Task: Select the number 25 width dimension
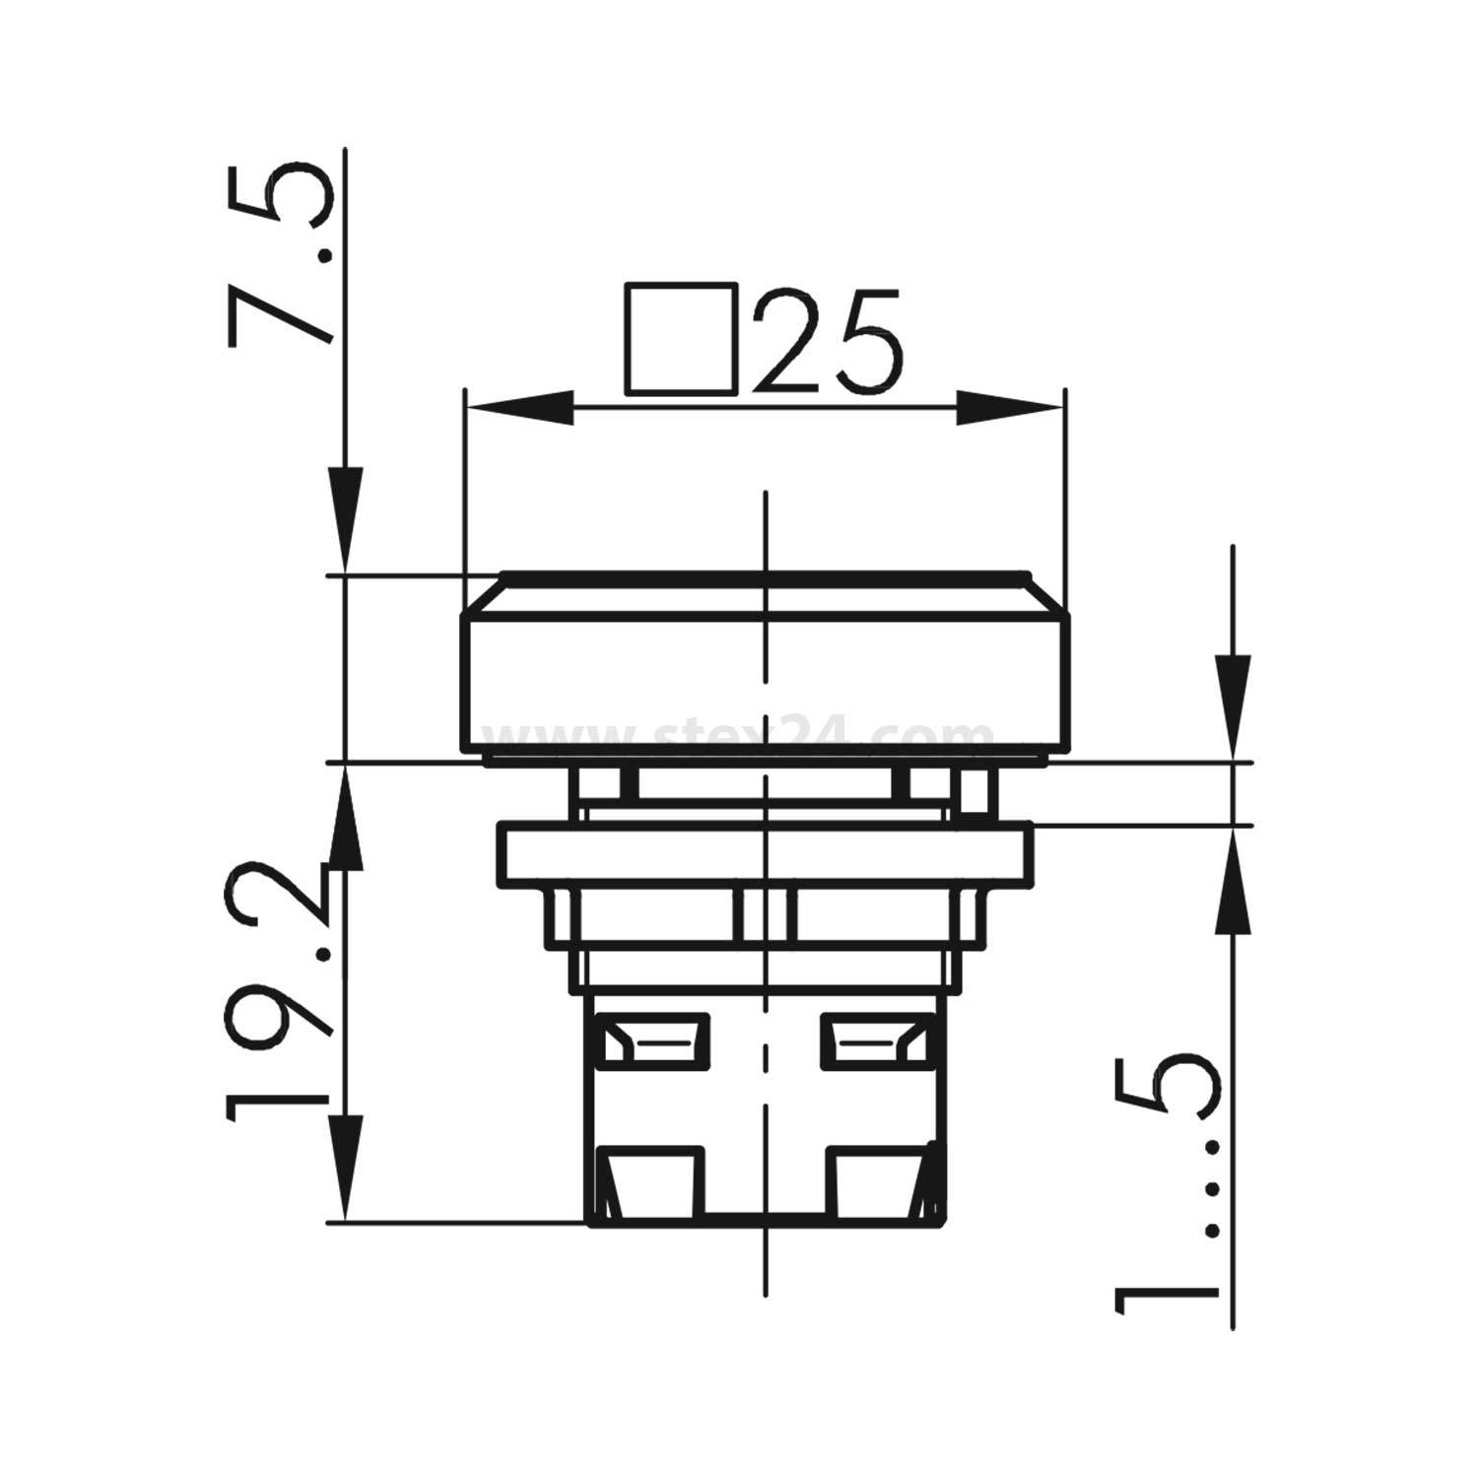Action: point(828,340)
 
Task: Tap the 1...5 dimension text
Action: point(1168,1187)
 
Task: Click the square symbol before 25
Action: point(681,340)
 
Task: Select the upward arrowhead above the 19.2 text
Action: point(345,818)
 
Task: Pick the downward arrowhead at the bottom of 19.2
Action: point(345,1168)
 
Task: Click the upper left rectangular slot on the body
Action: point(651,1041)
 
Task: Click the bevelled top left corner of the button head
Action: point(483,593)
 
